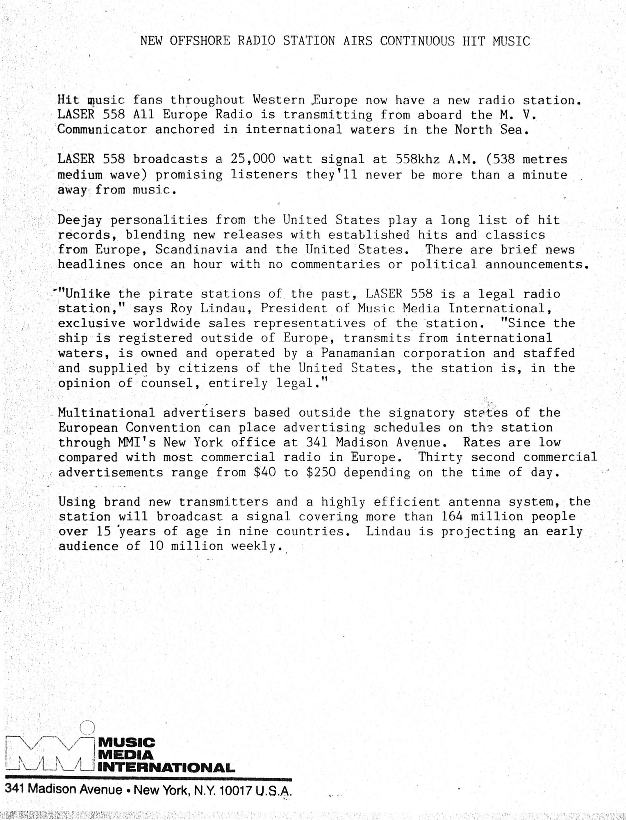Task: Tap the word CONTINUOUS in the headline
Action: pyautogui.click(x=417, y=41)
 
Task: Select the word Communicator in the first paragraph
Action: pyautogui.click(x=102, y=130)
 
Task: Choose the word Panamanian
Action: pyautogui.click(x=358, y=353)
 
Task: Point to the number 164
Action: pyautogui.click(x=453, y=517)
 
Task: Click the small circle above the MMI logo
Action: pyautogui.click(x=87, y=728)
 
